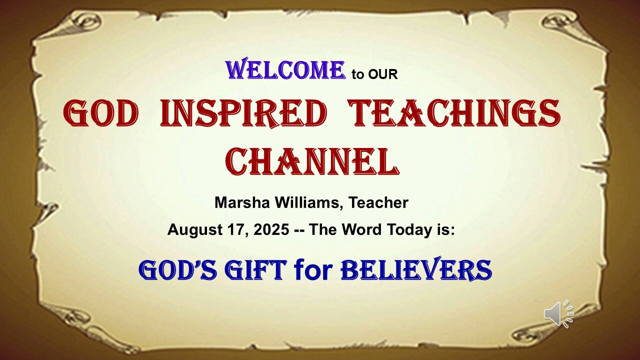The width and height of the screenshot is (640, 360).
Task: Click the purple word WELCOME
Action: coord(286,70)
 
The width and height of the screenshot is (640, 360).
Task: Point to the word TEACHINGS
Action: coord(454,113)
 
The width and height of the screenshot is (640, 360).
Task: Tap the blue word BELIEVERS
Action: coord(416,270)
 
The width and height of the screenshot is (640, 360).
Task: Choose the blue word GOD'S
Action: coord(177,270)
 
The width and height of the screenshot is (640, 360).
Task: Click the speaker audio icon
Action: coord(558,314)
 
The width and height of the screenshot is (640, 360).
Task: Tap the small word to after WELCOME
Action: coord(358,75)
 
